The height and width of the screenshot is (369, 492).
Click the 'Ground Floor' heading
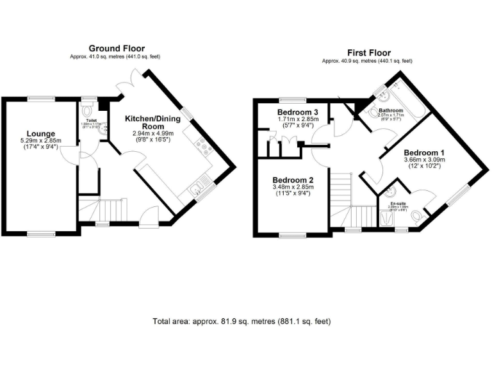[116, 48]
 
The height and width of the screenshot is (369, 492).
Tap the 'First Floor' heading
[368, 53]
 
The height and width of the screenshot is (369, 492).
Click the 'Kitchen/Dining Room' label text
[152, 123]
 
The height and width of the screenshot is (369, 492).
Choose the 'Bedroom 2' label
[292, 180]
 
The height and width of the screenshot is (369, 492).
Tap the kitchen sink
[197, 188]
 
